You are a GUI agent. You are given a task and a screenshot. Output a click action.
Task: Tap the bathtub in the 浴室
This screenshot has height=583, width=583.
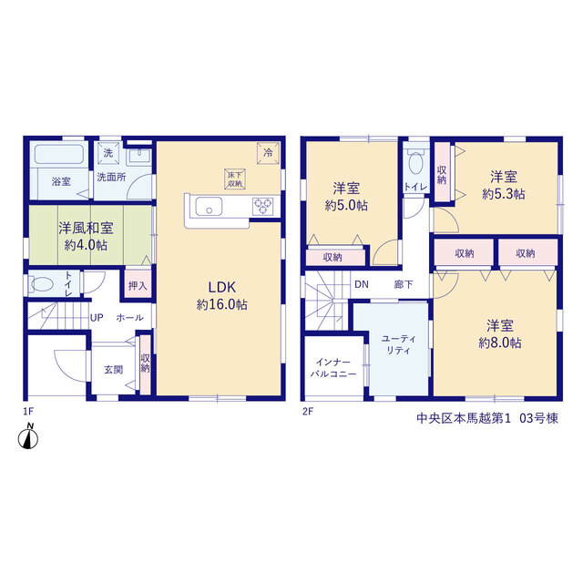tap(59, 154)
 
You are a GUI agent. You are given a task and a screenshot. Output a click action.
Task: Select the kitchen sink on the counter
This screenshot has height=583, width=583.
tap(209, 207)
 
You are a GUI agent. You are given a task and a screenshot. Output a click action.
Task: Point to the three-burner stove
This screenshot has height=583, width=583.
tap(263, 207)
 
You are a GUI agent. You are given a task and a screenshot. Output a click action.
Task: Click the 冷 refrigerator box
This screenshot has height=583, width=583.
tap(268, 153)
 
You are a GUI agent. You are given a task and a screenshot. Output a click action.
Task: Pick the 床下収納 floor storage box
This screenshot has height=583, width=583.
tap(235, 179)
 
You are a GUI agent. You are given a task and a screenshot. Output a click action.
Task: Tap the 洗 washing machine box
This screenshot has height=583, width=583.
tap(108, 153)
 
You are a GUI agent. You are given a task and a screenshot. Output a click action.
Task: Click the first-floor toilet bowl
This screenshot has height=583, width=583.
tap(42, 284)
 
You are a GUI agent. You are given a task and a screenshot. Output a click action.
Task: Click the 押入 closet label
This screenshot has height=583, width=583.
tap(138, 286)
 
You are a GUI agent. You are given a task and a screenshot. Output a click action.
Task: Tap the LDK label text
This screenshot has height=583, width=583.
tap(222, 287)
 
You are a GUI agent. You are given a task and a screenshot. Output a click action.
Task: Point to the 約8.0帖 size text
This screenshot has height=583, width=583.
tap(500, 343)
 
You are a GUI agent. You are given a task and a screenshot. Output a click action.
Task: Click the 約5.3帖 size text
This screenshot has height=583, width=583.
tap(504, 194)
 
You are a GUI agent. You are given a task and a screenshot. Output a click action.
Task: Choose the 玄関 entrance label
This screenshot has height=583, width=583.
tap(113, 370)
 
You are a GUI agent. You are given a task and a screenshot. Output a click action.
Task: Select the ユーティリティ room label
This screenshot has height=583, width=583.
tap(398, 344)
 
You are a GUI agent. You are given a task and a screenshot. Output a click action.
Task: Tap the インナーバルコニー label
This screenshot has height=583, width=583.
tap(333, 368)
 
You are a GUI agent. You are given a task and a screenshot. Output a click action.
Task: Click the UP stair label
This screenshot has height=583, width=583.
tap(97, 318)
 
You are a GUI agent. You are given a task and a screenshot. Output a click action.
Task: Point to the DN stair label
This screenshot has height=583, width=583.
tap(362, 284)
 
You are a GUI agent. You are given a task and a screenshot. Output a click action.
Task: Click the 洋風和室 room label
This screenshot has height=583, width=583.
tap(86, 228)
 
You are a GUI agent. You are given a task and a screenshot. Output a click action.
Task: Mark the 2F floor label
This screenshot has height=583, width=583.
tap(308, 412)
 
